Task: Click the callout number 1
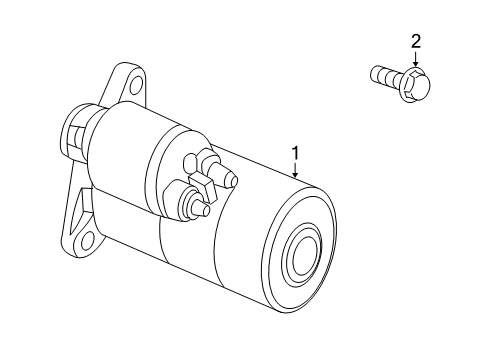(296, 154)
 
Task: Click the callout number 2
(415, 41)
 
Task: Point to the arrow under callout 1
(296, 171)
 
